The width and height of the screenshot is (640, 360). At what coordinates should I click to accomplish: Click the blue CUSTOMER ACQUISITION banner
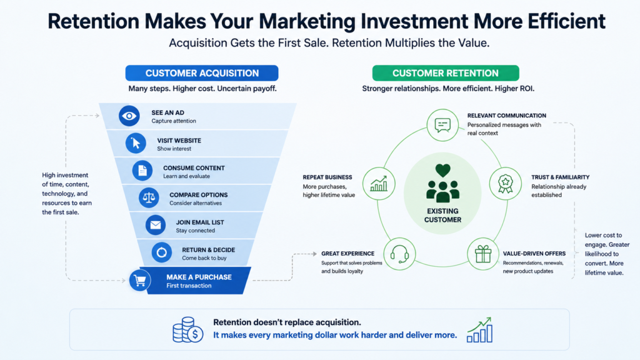coord(202,73)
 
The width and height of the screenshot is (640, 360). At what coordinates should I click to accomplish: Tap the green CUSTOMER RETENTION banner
coord(445,73)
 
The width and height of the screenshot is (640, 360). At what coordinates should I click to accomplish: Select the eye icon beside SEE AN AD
coord(129,116)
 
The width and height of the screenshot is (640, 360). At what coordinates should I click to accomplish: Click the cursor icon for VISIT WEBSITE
coord(136,143)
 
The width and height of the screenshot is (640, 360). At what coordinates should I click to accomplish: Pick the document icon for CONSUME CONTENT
coord(142,171)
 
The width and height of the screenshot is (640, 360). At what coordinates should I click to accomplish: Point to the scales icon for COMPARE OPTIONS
coord(149,198)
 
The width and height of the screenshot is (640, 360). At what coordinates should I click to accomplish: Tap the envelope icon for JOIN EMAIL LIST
coord(156,225)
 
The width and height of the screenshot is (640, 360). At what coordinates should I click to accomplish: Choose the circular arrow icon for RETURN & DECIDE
coord(162,252)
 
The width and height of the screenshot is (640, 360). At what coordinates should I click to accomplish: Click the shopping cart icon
coord(140,281)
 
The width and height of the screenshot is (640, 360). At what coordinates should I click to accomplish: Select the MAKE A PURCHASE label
coord(199,277)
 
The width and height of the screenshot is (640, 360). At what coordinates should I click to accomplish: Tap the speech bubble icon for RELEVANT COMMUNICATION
coord(442,125)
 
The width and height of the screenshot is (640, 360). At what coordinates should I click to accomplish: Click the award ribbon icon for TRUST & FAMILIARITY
coord(505,184)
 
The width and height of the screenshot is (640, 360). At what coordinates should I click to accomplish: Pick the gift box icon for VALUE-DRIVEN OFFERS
coord(483,254)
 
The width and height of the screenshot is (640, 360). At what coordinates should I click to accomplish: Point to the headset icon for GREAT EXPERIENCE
coord(399,254)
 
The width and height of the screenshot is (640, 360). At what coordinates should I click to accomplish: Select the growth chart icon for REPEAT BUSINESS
coord(378,184)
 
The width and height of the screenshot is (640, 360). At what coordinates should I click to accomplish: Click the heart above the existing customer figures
coord(442,170)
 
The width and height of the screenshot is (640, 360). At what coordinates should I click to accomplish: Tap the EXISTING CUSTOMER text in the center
coord(442,216)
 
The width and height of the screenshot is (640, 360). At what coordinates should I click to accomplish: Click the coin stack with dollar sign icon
coord(187,330)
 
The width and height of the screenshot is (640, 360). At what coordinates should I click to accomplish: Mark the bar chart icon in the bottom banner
coord(479,330)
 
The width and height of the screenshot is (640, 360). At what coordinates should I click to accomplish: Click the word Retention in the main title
coord(94,21)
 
